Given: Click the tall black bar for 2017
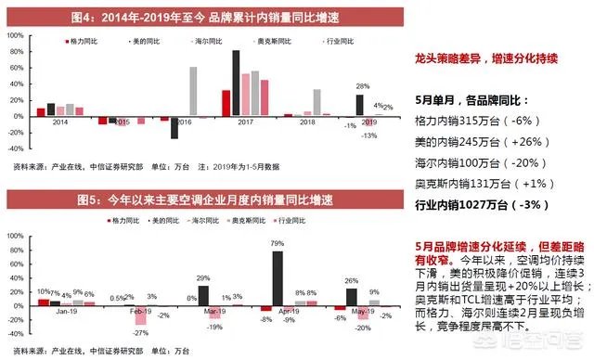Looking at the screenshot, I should click(x=236, y=83).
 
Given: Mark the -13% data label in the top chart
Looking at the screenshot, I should click(x=369, y=135).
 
